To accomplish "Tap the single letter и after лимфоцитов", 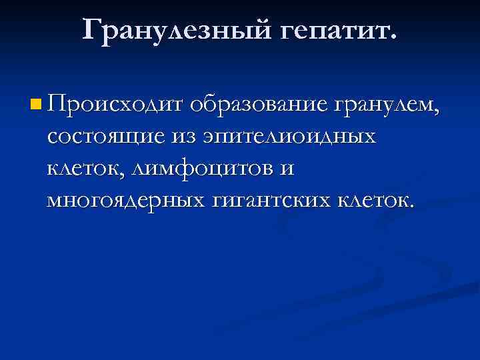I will click(287, 169).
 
